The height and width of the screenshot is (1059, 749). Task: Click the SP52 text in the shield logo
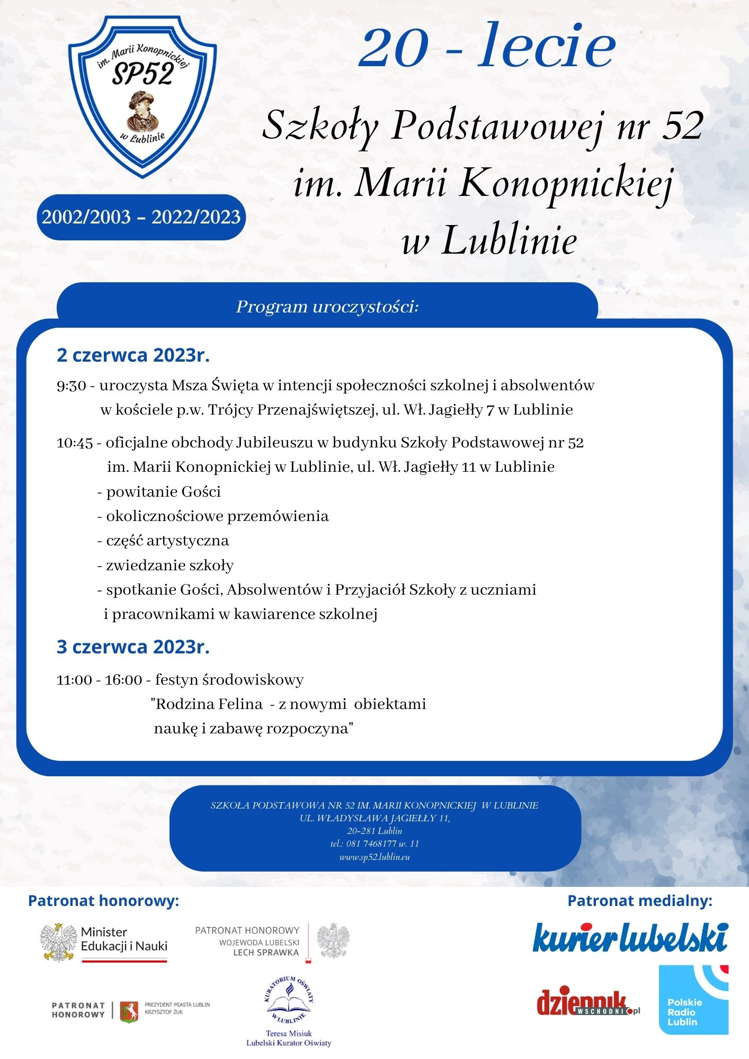(x=142, y=75)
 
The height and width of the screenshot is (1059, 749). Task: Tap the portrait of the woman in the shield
(x=141, y=110)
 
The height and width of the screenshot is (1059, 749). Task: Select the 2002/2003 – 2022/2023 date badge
(x=141, y=217)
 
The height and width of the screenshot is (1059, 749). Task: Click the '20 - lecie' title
(x=487, y=46)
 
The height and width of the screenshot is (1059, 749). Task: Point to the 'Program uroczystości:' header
(x=327, y=307)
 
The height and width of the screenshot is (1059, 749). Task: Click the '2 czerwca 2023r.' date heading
(x=133, y=355)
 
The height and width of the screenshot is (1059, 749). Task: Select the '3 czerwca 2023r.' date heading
(x=133, y=647)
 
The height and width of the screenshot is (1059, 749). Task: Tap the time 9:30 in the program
(x=71, y=385)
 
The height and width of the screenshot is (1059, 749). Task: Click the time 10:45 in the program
(x=75, y=443)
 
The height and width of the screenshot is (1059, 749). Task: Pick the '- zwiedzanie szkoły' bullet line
(x=165, y=566)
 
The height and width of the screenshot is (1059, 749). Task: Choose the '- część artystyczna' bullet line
(x=163, y=541)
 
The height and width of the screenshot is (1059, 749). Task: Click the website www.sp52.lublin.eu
(x=374, y=857)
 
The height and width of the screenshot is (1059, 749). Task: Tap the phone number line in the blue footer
(x=374, y=843)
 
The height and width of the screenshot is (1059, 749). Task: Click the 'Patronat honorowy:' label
(x=103, y=901)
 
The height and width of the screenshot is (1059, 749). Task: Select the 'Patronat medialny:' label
(x=640, y=901)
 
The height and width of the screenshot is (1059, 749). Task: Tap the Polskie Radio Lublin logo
(x=693, y=1000)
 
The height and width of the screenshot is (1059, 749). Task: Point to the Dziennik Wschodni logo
(x=588, y=1002)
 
